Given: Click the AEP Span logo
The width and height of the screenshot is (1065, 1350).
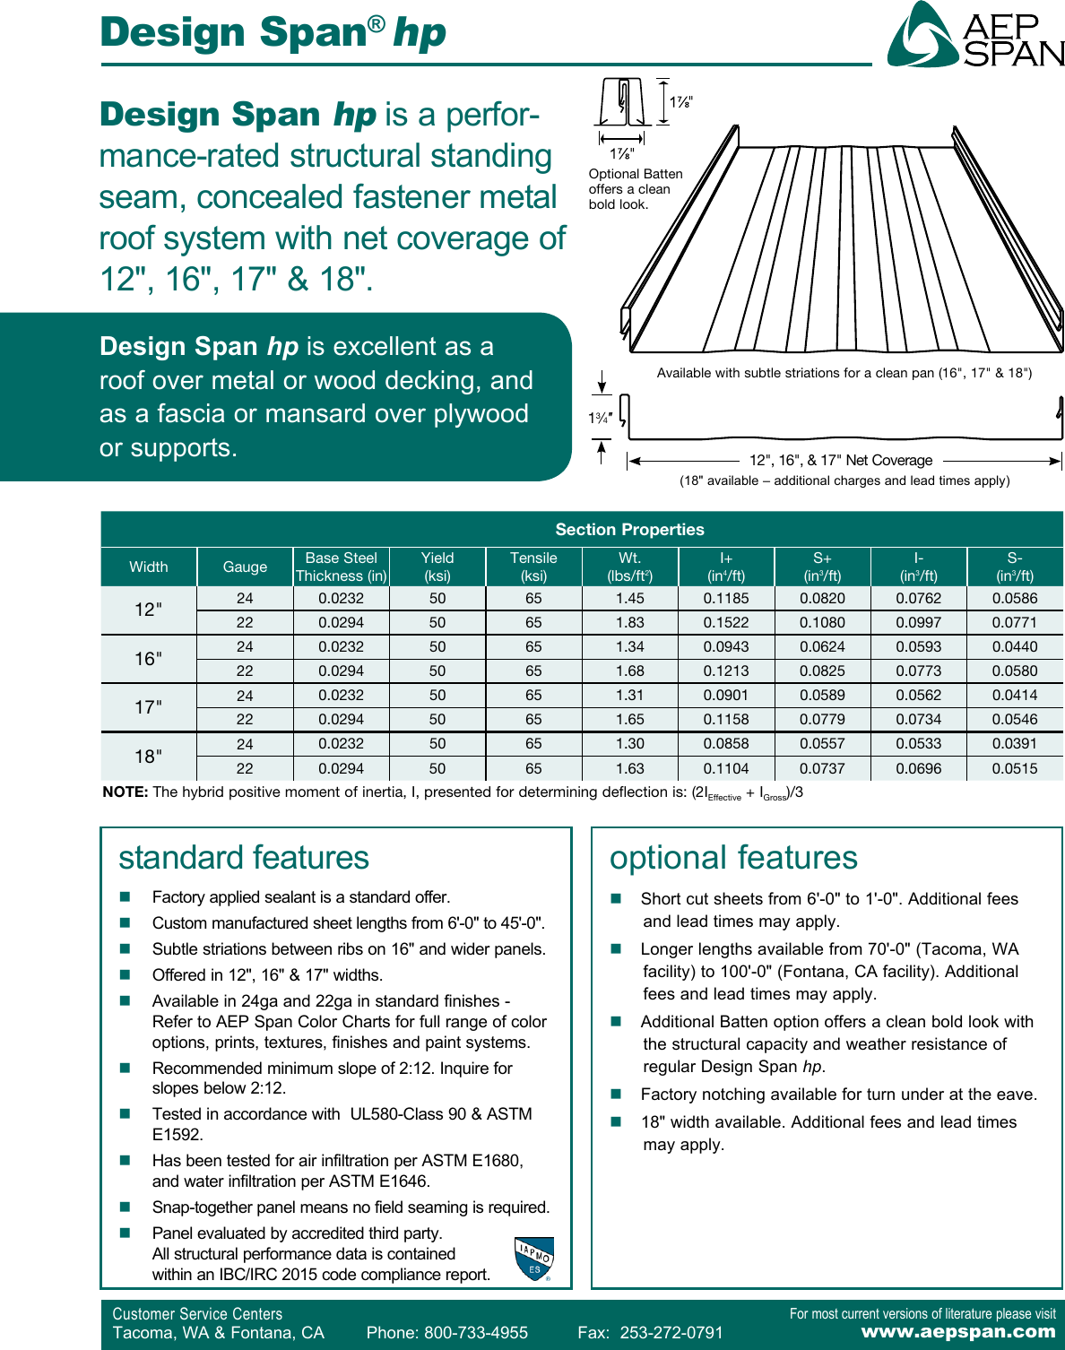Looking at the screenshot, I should (x=975, y=37).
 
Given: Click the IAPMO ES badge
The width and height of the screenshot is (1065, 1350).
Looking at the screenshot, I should (x=534, y=1259).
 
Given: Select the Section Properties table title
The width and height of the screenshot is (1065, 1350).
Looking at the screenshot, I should (x=629, y=530).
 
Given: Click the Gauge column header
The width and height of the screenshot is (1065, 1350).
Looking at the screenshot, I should (x=245, y=567).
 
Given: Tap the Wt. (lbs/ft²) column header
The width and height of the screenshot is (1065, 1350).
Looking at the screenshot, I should (x=629, y=567).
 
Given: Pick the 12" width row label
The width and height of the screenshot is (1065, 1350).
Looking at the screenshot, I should (x=148, y=610).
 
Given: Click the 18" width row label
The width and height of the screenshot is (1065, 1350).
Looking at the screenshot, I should (x=148, y=757).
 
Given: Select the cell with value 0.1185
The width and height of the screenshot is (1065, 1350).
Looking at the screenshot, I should (x=725, y=598).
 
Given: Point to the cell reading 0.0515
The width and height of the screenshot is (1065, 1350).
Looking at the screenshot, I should (x=1014, y=768).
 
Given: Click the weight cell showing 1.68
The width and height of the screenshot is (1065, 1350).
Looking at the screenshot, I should (x=629, y=671).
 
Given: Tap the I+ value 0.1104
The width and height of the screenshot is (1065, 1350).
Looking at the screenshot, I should (x=725, y=768).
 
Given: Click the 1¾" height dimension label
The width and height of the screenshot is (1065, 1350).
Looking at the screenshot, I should (x=600, y=418).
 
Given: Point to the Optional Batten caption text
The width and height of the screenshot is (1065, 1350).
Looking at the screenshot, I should (x=635, y=189).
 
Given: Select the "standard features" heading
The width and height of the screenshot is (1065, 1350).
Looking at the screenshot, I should (x=244, y=858).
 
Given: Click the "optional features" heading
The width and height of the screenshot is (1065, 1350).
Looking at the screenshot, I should (x=733, y=858).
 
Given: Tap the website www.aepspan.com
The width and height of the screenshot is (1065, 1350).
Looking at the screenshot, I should (x=958, y=1332).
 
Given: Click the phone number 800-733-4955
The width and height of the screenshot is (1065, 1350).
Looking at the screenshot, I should (x=475, y=1333).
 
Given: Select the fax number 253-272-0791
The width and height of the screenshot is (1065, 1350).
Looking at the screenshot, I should (x=671, y=1333).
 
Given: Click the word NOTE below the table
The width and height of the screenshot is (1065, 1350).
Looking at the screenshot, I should (x=125, y=792).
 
